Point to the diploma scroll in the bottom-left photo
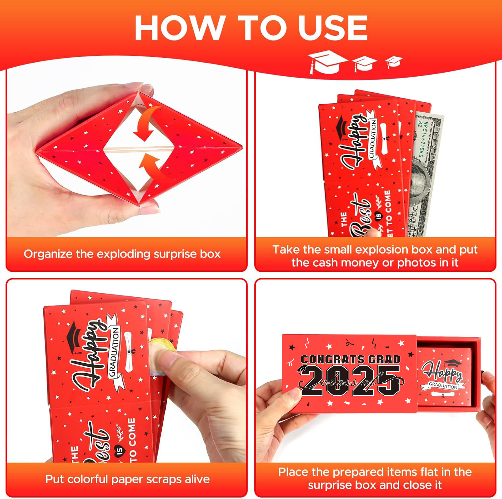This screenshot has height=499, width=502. click(129, 351)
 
